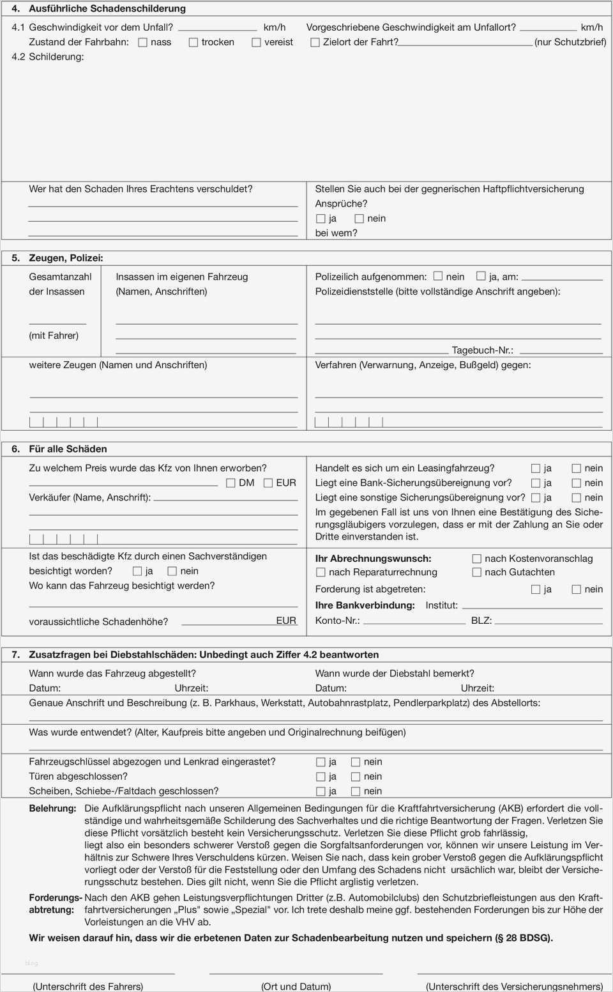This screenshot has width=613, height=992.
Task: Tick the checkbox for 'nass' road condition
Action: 143,43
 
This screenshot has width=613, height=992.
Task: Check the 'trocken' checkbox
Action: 193,43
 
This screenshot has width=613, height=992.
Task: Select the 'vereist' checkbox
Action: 256,43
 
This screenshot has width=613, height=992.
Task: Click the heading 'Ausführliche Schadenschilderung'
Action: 107,9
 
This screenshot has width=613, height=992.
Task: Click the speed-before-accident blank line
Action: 217,28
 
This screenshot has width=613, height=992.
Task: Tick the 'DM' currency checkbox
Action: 231,483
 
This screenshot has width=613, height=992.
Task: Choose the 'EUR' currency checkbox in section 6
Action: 268,483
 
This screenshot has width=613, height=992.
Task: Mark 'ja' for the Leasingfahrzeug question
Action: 536,469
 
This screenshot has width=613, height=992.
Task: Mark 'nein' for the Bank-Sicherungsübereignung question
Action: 576,483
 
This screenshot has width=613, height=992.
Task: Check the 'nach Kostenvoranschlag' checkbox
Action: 476,559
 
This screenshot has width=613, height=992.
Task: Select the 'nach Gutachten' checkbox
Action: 476,573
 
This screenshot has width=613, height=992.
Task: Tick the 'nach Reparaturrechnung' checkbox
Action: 321,573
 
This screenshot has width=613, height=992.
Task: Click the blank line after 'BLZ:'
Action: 549,621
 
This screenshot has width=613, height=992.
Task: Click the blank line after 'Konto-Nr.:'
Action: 413,621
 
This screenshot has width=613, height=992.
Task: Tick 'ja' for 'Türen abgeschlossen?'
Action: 321,777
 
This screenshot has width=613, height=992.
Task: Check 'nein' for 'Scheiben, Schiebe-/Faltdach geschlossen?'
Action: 356,791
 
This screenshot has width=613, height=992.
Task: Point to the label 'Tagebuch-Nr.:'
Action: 482,350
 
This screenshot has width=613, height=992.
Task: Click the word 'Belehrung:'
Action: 52,809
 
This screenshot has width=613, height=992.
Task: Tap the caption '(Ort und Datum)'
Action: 296,986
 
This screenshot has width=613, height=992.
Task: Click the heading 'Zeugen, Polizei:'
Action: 66,258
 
